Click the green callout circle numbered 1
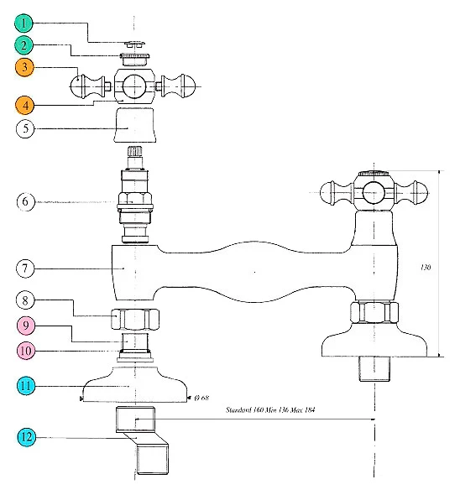[x=24, y=23]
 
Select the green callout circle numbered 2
[x=24, y=45]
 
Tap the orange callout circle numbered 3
[x=24, y=67]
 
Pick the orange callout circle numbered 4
[x=25, y=105]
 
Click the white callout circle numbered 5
[x=25, y=128]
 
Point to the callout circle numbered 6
[x=25, y=201]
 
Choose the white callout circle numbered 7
[x=25, y=268]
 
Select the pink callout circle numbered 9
[x=25, y=326]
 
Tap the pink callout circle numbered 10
[x=26, y=351]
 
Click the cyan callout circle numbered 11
[x=26, y=385]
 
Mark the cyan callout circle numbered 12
[x=26, y=437]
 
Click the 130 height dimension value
[x=426, y=268]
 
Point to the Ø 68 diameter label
[x=201, y=398]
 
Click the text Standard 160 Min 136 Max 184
[x=270, y=409]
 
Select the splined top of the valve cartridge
[x=135, y=151]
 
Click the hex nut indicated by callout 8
[x=135, y=319]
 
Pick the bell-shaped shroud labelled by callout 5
[x=135, y=125]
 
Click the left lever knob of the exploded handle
[x=87, y=86]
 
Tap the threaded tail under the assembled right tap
[x=374, y=369]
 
